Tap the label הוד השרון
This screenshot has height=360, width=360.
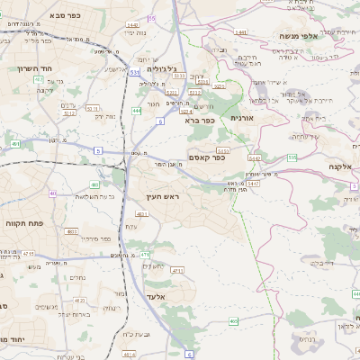click(x=23, y=68)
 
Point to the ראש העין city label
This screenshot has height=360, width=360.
click(x=164, y=196)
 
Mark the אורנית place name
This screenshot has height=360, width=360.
click(x=243, y=118)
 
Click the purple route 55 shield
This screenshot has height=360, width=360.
click(x=152, y=18)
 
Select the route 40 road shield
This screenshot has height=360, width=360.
click(x=53, y=193)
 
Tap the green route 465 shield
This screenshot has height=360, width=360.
click(x=233, y=320)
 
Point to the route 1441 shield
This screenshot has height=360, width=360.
click(x=133, y=26)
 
